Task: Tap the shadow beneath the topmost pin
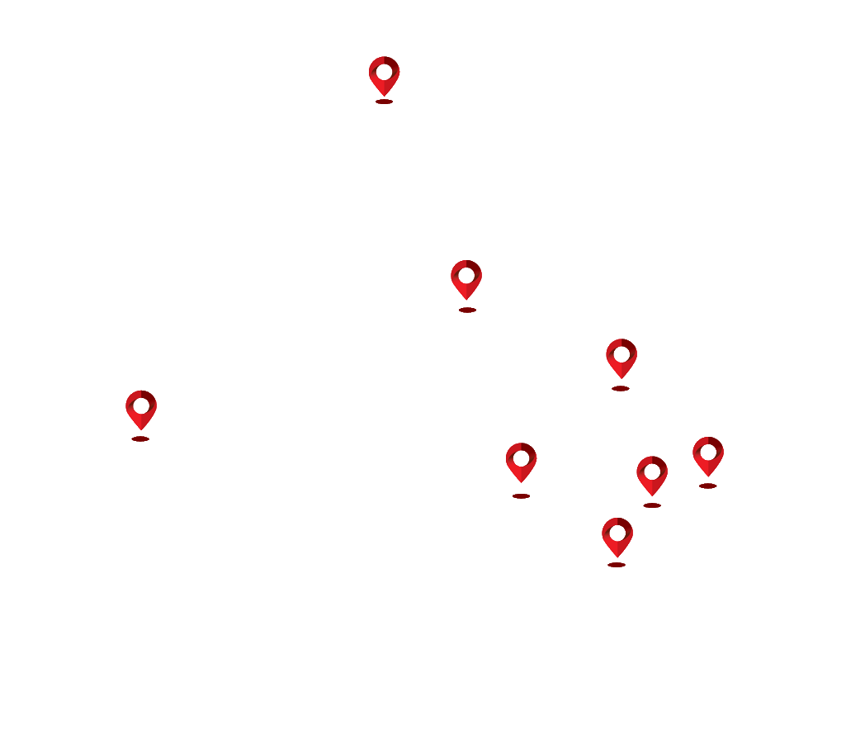[x=384, y=102]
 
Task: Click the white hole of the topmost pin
[x=384, y=71]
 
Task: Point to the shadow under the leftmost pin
[x=140, y=438]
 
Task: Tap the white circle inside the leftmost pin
[x=141, y=405]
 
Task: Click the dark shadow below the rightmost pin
[x=707, y=486]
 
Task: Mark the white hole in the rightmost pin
[x=708, y=452]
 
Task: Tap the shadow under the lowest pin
[x=617, y=565]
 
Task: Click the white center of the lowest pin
[x=617, y=533]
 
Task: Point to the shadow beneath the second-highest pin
[x=467, y=310]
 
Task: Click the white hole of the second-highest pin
[x=466, y=275]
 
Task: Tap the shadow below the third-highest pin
[x=621, y=388]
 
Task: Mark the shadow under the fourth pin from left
[x=521, y=496]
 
